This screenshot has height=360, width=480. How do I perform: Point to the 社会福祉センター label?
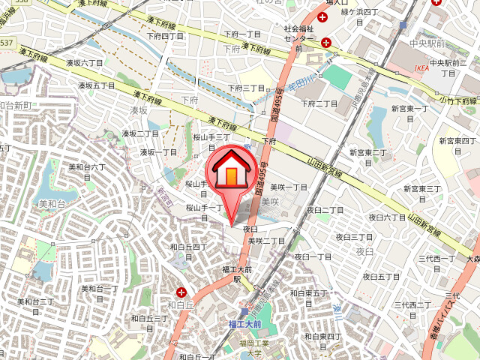pos(298,34)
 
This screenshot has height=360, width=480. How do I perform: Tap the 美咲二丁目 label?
pos(266,241)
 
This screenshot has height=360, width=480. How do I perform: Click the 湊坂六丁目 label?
pos(84,63)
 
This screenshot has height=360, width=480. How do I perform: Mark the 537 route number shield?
pos(6,43)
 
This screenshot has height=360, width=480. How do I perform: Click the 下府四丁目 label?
pos(165,35)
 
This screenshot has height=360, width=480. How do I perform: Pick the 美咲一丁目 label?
pos(289,187)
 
